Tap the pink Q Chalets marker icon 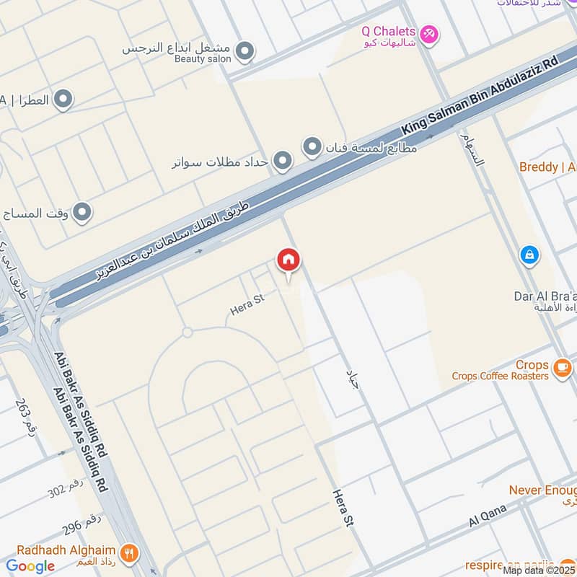click(429, 33)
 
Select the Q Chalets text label click(389, 31)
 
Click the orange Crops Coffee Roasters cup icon click(561, 368)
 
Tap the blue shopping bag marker click(529, 255)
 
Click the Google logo click(30, 566)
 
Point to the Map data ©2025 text click(539, 570)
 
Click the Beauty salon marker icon click(245, 51)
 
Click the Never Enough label click(542, 490)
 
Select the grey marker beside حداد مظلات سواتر click(283, 161)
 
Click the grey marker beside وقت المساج click(83, 212)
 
